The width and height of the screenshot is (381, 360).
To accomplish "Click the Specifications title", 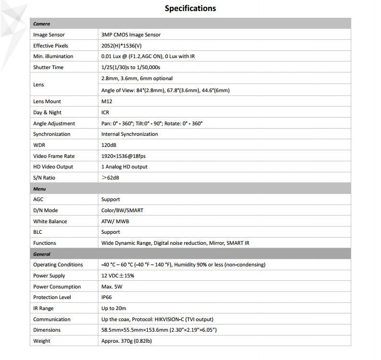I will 190,8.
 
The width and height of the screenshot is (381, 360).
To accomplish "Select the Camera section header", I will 42,24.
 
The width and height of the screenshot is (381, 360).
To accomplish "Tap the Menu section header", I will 40,189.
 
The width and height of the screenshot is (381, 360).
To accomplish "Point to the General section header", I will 42,254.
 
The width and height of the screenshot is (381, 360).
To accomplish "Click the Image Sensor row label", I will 49,35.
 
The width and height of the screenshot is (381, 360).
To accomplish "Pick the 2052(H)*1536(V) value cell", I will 121,46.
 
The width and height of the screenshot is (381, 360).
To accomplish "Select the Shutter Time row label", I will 48,67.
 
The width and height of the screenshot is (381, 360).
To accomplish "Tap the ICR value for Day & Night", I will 105,112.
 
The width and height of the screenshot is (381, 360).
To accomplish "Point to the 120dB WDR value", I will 109,145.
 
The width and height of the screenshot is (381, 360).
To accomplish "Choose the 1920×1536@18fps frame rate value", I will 124,156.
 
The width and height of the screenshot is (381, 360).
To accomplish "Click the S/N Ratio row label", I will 44,178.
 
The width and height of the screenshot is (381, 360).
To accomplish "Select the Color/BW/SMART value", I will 122,210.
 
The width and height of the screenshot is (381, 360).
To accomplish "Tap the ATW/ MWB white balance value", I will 115,221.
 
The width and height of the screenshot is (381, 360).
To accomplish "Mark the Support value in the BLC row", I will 110,232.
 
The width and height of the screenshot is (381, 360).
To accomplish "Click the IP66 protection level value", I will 107,297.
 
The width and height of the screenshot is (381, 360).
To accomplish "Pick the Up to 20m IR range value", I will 114,308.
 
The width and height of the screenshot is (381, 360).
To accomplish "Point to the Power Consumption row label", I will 57,287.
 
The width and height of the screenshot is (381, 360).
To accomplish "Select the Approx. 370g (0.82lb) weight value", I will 127,341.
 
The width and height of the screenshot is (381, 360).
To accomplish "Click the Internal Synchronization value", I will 130,134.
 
